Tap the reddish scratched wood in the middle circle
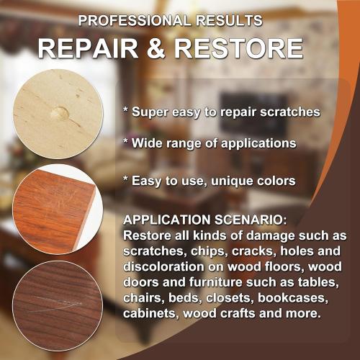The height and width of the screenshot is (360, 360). pos(58,208)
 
